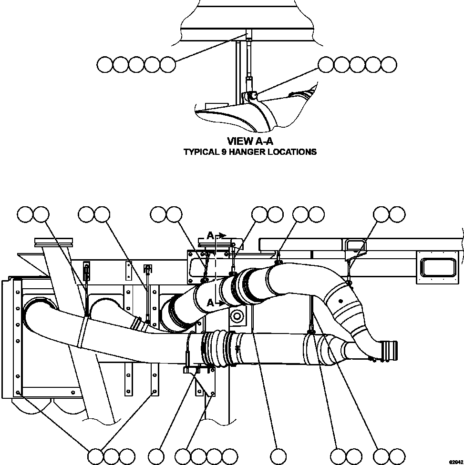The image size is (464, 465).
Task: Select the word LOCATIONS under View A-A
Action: click(294, 152)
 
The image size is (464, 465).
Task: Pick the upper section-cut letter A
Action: click(210, 235)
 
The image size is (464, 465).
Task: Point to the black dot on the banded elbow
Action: click(339, 301)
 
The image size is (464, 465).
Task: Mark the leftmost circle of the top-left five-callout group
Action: click(105, 64)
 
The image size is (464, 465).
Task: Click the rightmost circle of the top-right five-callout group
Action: click(389, 64)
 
